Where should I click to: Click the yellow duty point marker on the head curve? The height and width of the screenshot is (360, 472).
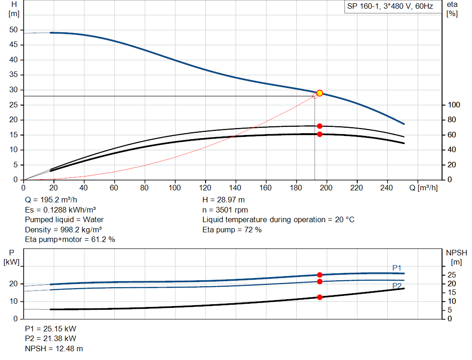pyautogui.click(x=320, y=93)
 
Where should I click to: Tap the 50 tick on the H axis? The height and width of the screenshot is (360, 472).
pyautogui.click(x=13, y=30)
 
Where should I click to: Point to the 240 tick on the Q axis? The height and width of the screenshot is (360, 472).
pyautogui.click(x=387, y=188)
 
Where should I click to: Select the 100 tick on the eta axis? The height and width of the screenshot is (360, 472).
pyautogui.click(x=454, y=105)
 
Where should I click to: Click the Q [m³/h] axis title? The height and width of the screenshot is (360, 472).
pyautogui.click(x=424, y=188)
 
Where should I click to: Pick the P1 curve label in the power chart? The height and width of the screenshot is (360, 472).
pyautogui.click(x=397, y=268)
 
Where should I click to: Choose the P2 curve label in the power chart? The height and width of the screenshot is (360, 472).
pyautogui.click(x=397, y=286)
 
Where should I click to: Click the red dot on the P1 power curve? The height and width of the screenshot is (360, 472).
pyautogui.click(x=320, y=275)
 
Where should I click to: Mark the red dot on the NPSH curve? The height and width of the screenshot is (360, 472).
pyautogui.click(x=320, y=297)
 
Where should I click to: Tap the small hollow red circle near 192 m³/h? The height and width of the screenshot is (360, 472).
pyautogui.click(x=314, y=96)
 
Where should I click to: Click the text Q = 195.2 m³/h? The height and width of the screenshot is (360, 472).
pyautogui.click(x=51, y=200)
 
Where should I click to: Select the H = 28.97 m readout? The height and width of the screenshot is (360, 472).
pyautogui.click(x=224, y=200)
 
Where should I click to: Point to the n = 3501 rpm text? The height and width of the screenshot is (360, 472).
pyautogui.click(x=225, y=210)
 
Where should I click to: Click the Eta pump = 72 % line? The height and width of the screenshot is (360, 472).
pyautogui.click(x=232, y=230)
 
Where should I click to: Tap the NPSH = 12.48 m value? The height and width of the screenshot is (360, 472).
pyautogui.click(x=54, y=348)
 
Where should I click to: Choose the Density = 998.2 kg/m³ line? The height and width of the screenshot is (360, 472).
pyautogui.click(x=63, y=230)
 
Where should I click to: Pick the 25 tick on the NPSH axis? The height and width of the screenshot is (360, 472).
pyautogui.click(x=452, y=275)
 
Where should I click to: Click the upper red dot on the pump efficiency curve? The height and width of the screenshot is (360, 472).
pyautogui.click(x=320, y=126)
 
